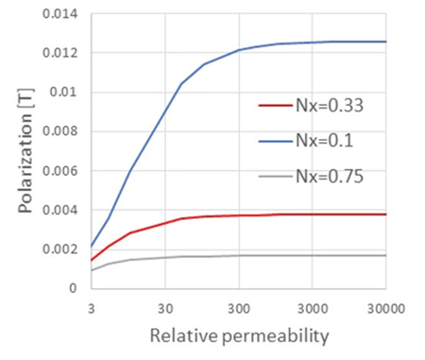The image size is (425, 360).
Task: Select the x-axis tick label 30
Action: coord(165,307)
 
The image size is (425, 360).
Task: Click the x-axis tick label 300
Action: coord(239,307)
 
